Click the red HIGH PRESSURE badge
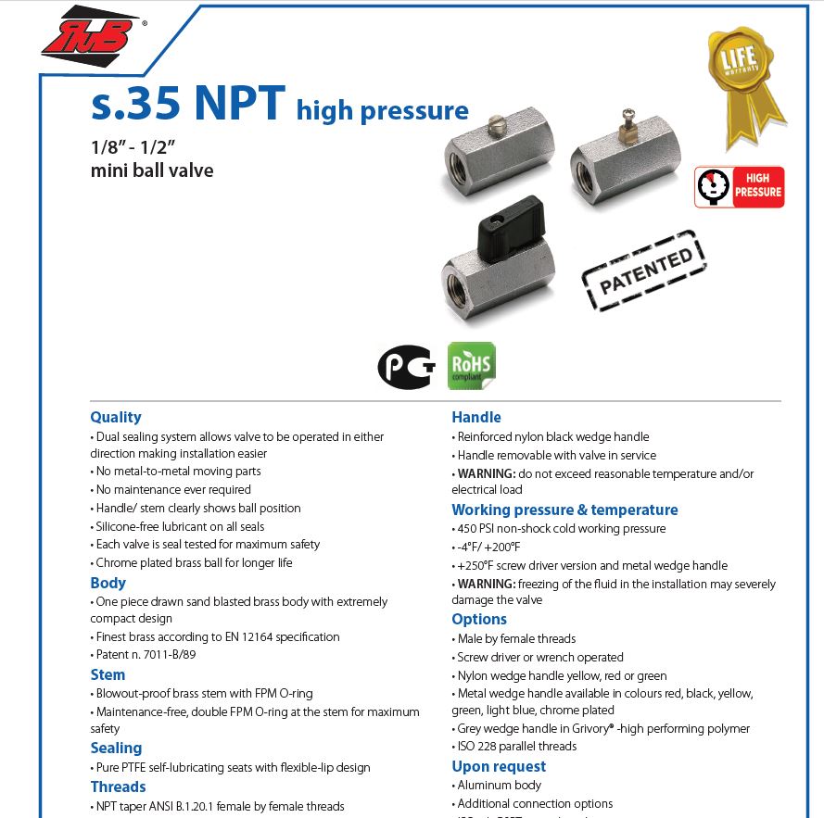coord(740,187)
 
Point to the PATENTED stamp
coord(643,269)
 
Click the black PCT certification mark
coord(406,366)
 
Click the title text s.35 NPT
coord(187,104)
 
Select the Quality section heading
coord(116,417)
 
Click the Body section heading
coord(108,583)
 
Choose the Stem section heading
coord(108,674)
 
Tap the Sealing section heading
coord(116,748)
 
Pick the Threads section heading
coord(118,787)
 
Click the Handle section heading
coord(475,417)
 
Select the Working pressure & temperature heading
coord(564,510)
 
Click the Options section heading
coord(479,619)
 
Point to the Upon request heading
coord(499,766)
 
